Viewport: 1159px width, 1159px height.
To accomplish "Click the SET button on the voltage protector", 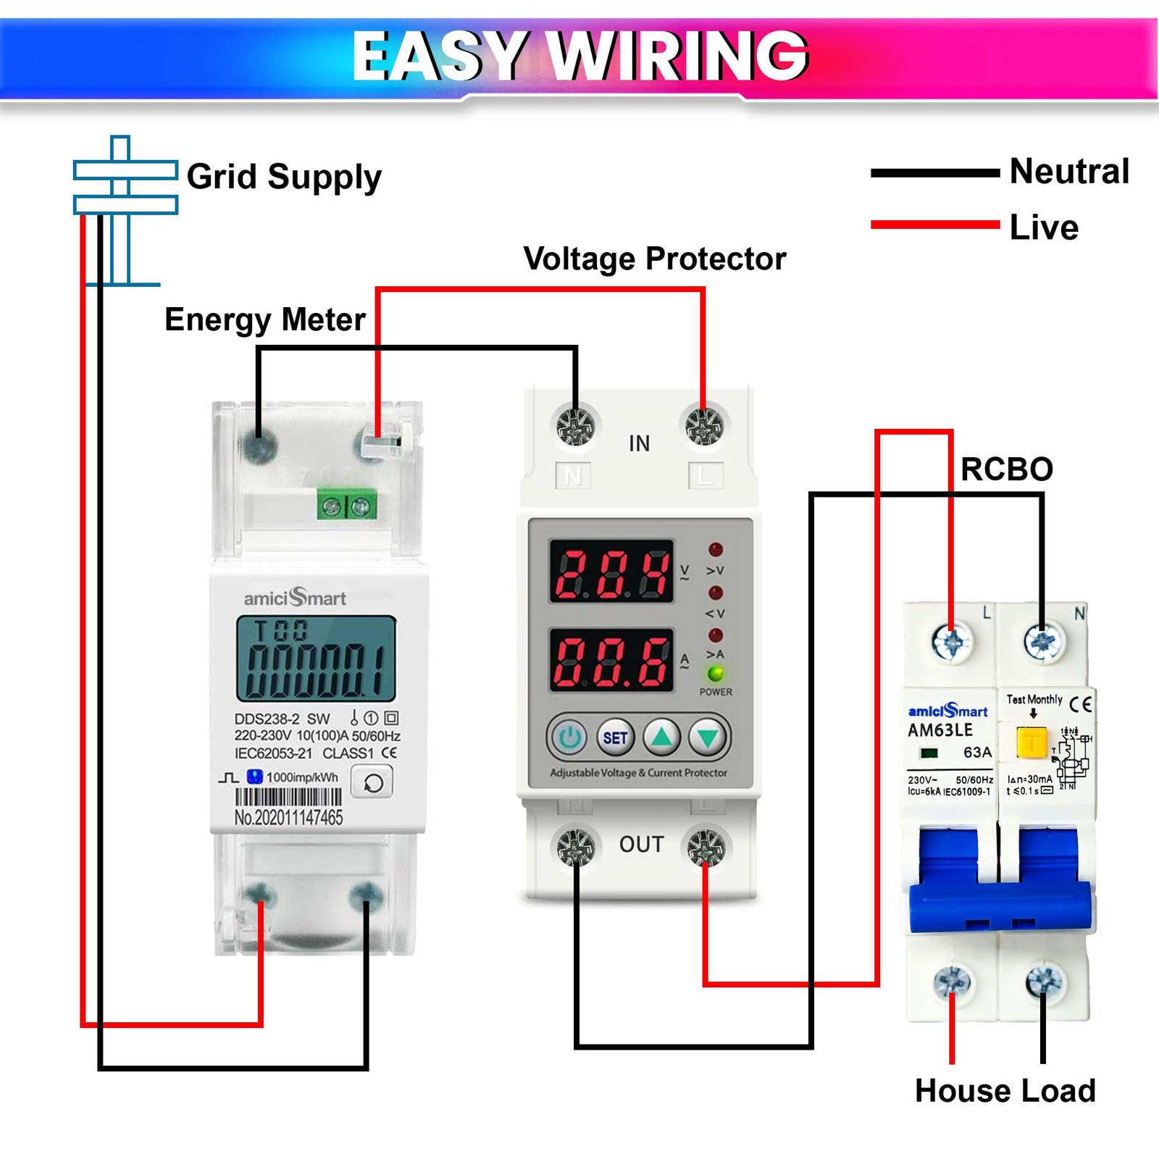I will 615,737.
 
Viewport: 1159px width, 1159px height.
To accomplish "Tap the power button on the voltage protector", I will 570,737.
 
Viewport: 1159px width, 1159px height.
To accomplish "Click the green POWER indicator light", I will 716,674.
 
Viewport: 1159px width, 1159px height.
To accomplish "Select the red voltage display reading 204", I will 612,572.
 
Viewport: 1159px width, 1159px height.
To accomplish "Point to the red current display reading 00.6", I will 612,661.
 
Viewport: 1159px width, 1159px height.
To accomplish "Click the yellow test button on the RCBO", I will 1032,742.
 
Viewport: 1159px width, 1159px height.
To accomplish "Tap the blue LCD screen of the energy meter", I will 316,658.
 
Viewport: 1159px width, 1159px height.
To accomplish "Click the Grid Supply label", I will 284,177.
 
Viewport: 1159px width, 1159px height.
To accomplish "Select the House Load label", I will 1005,1091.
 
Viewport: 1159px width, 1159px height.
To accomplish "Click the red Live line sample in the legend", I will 934,225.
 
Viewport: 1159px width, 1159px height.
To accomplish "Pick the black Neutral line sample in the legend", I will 934,173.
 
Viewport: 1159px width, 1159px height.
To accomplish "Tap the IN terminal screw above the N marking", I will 576,426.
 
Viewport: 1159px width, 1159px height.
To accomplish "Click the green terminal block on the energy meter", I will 347,506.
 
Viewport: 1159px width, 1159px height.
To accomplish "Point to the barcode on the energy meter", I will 288,798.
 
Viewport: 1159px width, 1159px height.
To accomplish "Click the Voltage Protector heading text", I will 654,259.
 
